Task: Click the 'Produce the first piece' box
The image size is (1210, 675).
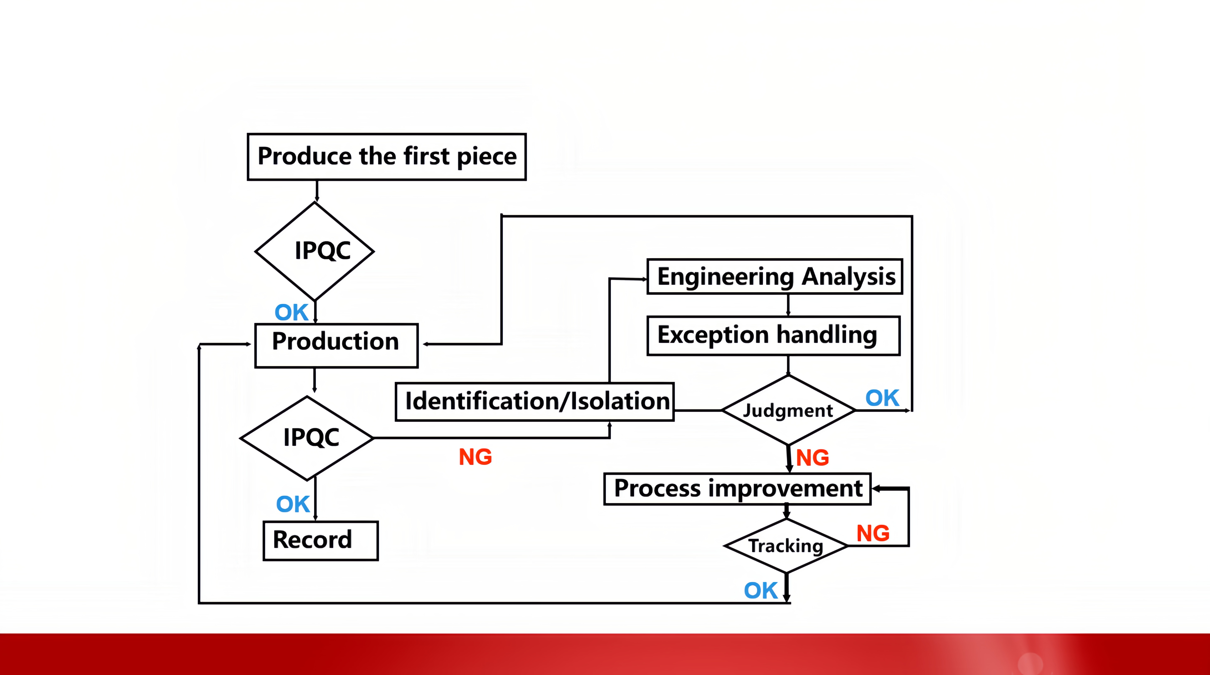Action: click(387, 157)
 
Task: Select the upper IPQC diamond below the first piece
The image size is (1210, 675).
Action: click(315, 251)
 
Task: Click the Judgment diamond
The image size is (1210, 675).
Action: click(788, 410)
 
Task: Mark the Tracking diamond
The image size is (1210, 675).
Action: click(786, 546)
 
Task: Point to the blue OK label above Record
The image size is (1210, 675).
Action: click(293, 504)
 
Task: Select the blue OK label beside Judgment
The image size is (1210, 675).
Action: click(882, 398)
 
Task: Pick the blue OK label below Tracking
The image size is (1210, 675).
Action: click(760, 591)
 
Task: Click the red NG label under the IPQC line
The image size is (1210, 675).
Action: click(475, 457)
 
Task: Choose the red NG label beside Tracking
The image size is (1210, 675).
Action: click(873, 533)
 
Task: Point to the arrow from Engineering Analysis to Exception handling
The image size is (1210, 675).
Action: click(788, 305)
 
